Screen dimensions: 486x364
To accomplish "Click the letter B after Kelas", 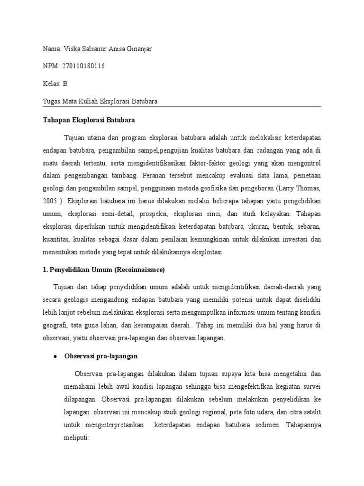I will click(x=65, y=84).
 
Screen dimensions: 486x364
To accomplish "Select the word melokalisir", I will click(x=264, y=138).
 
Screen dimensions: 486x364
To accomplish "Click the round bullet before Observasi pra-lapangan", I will click(x=55, y=355).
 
